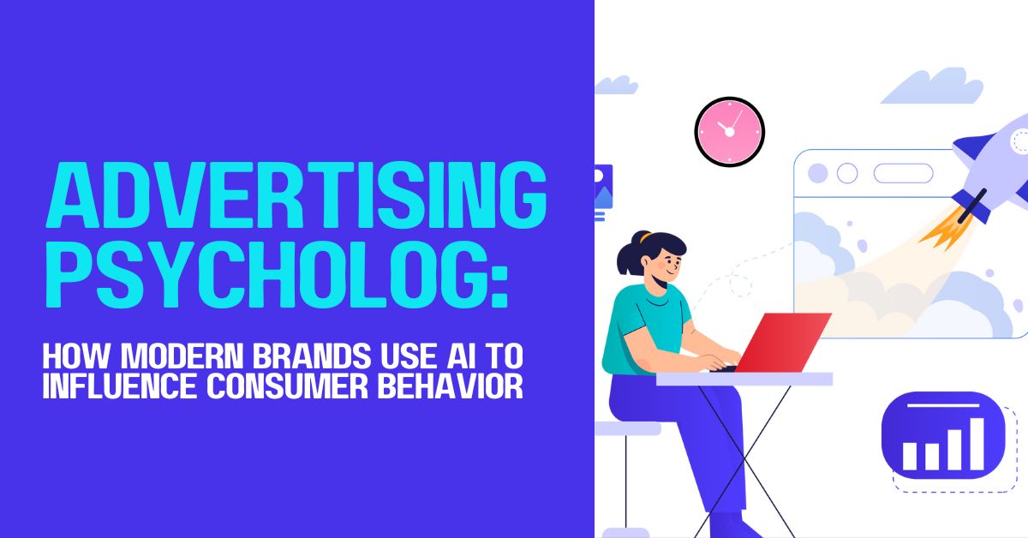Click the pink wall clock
[x=729, y=131]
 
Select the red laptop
[x=781, y=341]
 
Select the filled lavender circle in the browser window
[x=818, y=173]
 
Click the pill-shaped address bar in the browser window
[x=903, y=173]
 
